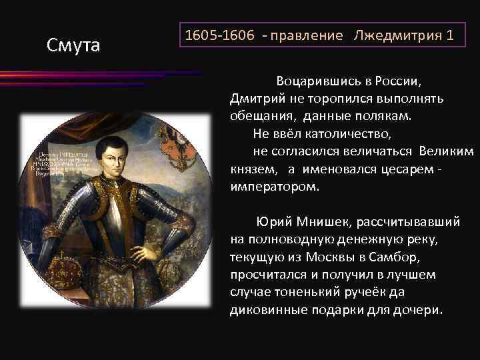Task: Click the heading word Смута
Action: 73,45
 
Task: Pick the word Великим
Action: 449,152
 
